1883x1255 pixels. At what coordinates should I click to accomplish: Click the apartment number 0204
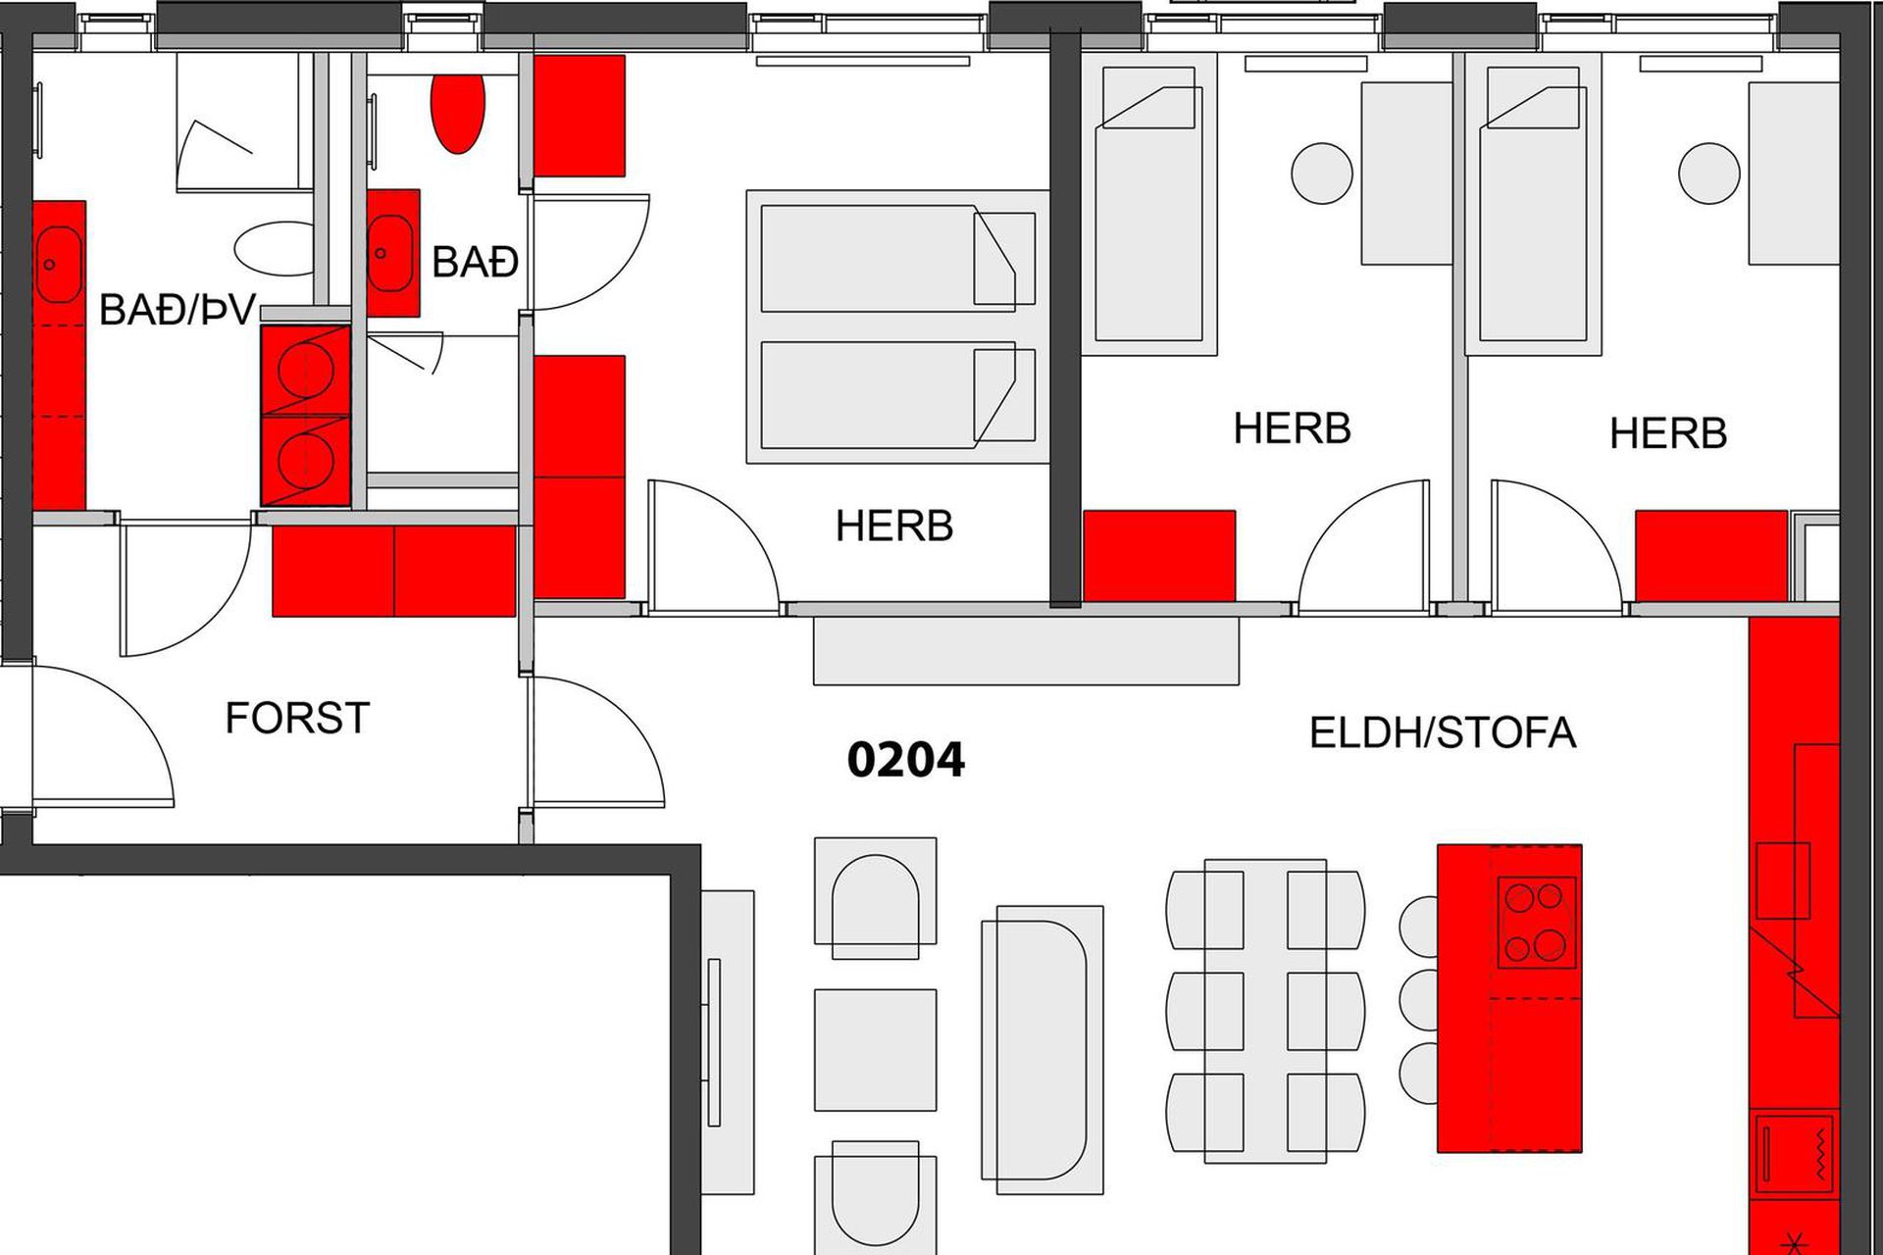tap(905, 760)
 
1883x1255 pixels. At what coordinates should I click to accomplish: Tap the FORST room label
tap(297, 718)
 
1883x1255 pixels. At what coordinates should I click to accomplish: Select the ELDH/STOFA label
tap(1443, 733)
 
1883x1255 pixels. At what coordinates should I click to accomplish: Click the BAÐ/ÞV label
tap(178, 310)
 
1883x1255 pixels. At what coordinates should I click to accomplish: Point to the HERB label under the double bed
tap(894, 527)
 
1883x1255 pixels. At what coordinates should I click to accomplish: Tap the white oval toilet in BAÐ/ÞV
tap(276, 249)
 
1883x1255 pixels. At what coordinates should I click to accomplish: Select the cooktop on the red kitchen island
tap(1537, 922)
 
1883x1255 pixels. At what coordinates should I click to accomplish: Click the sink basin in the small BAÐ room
tap(389, 253)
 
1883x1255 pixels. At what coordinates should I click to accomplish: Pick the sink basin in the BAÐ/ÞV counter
tap(58, 265)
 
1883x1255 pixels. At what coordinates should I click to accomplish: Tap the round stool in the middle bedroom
tap(1322, 174)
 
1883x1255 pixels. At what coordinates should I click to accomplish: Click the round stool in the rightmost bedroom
tap(1709, 174)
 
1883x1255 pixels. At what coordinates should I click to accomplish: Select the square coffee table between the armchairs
tap(875, 1050)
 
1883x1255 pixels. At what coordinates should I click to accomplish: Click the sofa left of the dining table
tap(1043, 1049)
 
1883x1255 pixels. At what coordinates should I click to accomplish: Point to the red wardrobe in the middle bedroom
tap(1159, 555)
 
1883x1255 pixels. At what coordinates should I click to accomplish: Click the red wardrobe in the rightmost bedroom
tap(1711, 555)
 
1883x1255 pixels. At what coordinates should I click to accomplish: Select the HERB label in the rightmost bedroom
tap(1668, 433)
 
